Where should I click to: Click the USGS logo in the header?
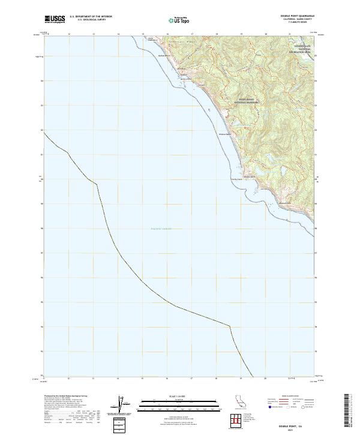(x=55, y=19)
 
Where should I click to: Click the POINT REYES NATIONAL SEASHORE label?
(x=242, y=101)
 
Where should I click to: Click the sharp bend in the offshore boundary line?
(x=230, y=326)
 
